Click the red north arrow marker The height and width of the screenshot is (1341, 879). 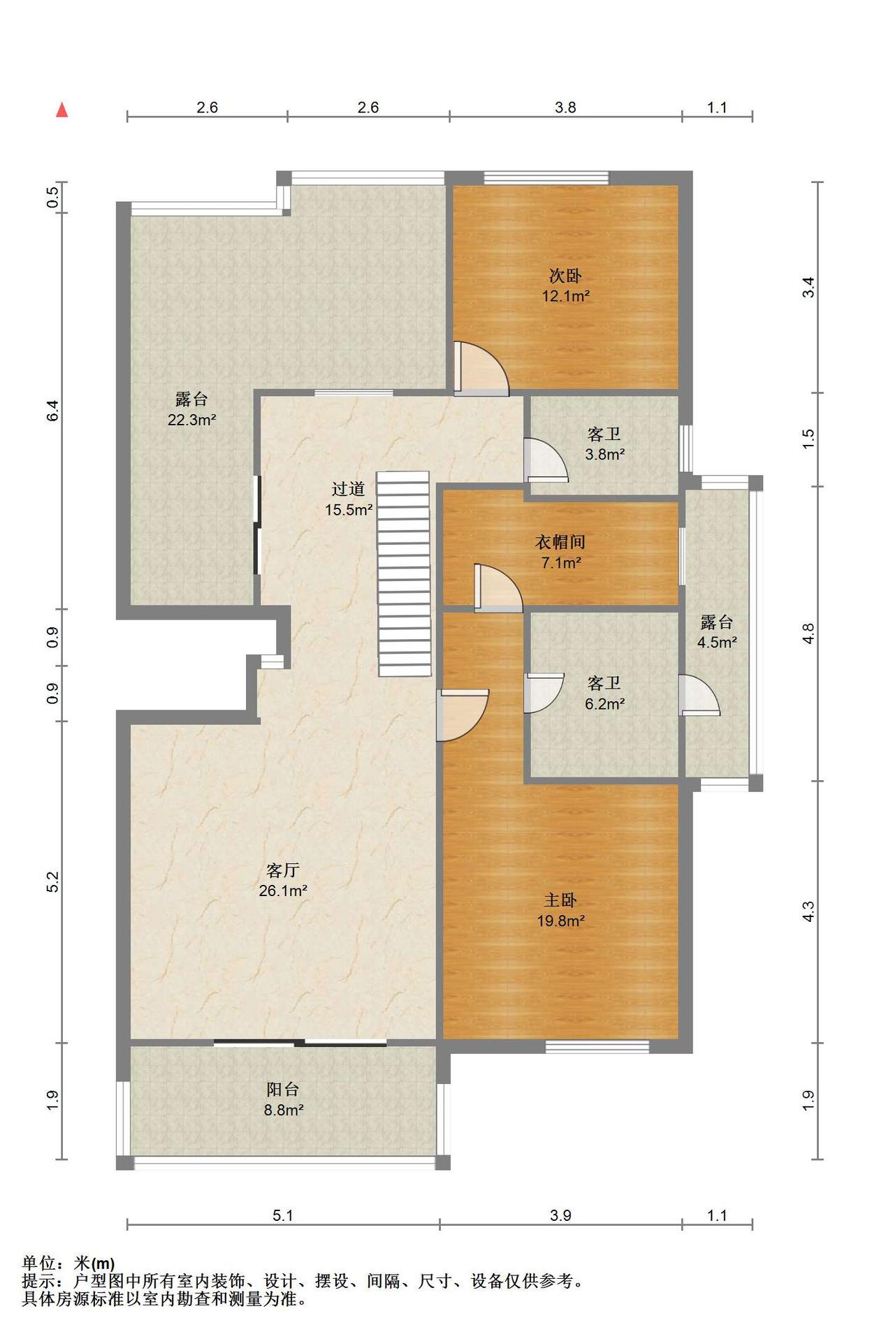(62, 110)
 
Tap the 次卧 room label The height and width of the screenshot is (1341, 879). (565, 276)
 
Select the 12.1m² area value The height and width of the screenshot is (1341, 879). (566, 296)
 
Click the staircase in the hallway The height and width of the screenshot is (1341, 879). (404, 573)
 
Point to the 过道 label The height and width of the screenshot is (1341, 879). (348, 489)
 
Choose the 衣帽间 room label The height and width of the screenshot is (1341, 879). (560, 541)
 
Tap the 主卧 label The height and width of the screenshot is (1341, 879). (560, 900)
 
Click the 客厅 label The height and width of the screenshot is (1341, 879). (283, 870)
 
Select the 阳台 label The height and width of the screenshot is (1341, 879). (283, 1089)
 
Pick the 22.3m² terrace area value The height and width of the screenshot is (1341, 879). (191, 420)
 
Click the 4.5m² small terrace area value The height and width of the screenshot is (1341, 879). (717, 643)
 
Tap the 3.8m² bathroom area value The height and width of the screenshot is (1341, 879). (605, 455)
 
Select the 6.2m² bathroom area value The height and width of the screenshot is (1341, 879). (605, 704)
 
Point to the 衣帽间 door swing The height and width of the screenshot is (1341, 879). (498, 588)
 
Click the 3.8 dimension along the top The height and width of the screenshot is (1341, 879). (565, 108)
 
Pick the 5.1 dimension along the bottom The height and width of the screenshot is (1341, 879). (283, 1216)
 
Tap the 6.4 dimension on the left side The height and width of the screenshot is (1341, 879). (52, 411)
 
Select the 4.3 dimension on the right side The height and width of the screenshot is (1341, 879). (808, 912)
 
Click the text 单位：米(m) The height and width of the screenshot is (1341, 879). (68, 1263)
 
